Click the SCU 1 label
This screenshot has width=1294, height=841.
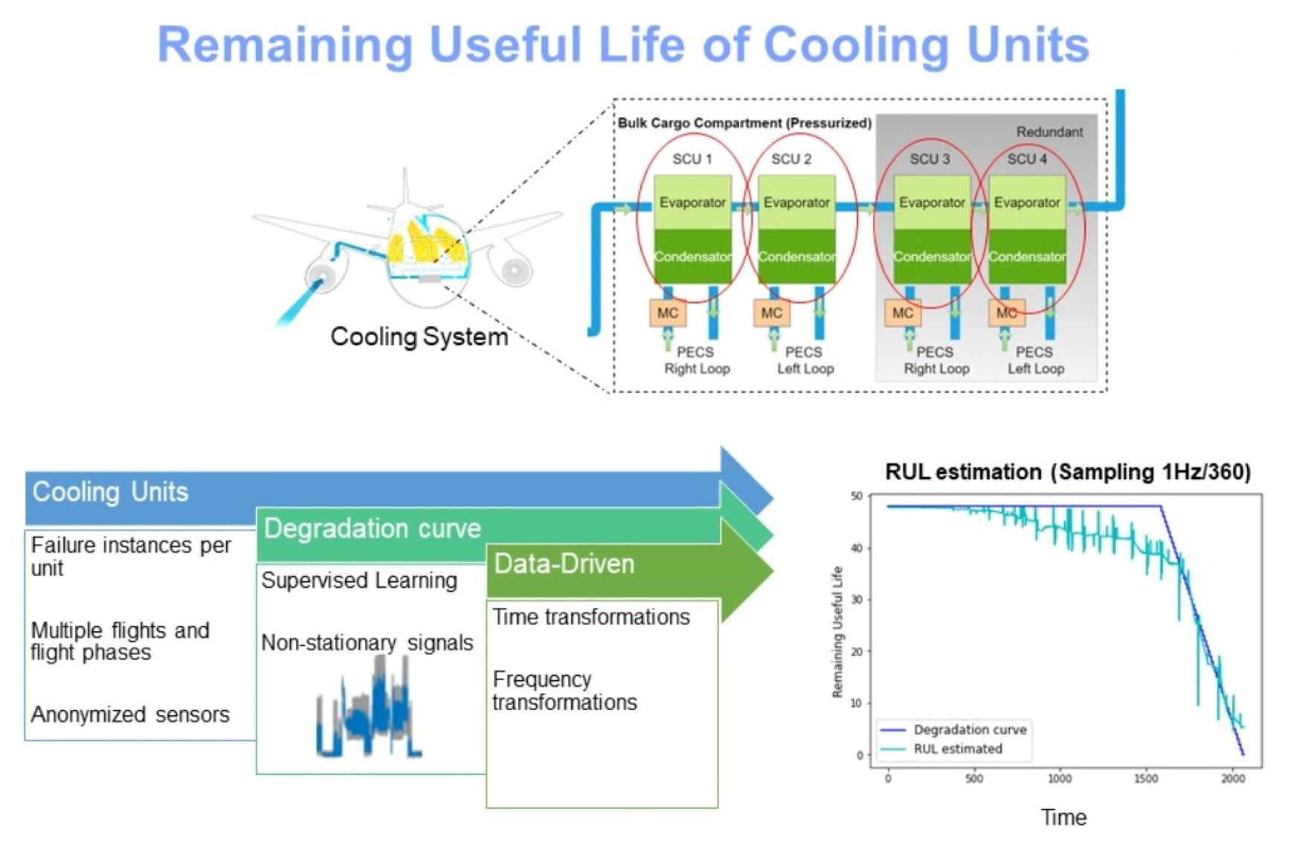tap(692, 159)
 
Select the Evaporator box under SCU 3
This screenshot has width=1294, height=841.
tap(932, 202)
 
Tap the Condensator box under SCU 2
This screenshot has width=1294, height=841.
tap(796, 256)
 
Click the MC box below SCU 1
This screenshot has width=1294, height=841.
tap(668, 313)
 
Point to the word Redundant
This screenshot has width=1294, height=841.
tap(1049, 132)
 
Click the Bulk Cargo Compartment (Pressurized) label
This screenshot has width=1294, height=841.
tap(744, 123)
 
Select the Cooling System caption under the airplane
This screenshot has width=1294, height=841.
tap(419, 336)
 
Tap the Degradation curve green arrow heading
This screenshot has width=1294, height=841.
tap(373, 528)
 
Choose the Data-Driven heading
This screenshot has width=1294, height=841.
tap(564, 564)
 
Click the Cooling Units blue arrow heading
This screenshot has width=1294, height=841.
tap(110, 492)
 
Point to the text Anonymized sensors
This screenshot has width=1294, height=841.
tap(130, 714)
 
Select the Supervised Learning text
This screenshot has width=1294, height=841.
tap(359, 581)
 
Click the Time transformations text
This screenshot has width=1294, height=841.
tap(591, 617)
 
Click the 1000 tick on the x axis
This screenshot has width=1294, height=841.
tap(1060, 778)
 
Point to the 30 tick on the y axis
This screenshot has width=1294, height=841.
tap(857, 599)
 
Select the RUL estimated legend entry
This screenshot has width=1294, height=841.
tap(941, 749)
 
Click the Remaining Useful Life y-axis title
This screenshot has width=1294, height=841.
tap(838, 632)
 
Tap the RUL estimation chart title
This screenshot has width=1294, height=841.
tap(1068, 472)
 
